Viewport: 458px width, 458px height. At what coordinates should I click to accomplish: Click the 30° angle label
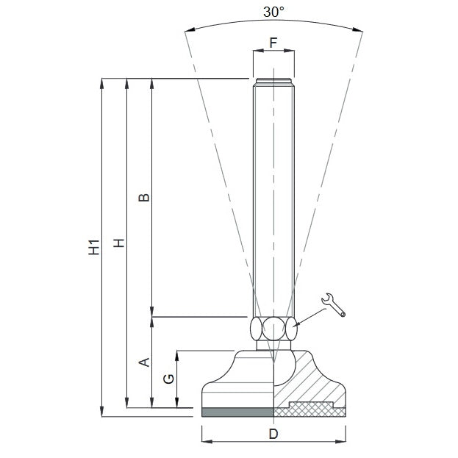[x=273, y=12]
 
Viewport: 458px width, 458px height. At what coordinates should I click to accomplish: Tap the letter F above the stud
[x=273, y=43]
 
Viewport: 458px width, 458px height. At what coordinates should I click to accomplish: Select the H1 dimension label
[x=94, y=247]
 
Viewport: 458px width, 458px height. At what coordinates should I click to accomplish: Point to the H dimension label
[x=119, y=243]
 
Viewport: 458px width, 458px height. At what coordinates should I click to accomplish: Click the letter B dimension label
[x=143, y=198]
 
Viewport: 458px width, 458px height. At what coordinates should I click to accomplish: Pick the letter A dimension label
[x=143, y=362]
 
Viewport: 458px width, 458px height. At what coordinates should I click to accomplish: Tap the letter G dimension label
[x=168, y=379]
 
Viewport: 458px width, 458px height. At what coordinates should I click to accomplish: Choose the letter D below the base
[x=273, y=434]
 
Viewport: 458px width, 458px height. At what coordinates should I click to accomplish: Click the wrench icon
[x=333, y=305]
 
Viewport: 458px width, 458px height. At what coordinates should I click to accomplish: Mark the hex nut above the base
[x=273, y=329]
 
